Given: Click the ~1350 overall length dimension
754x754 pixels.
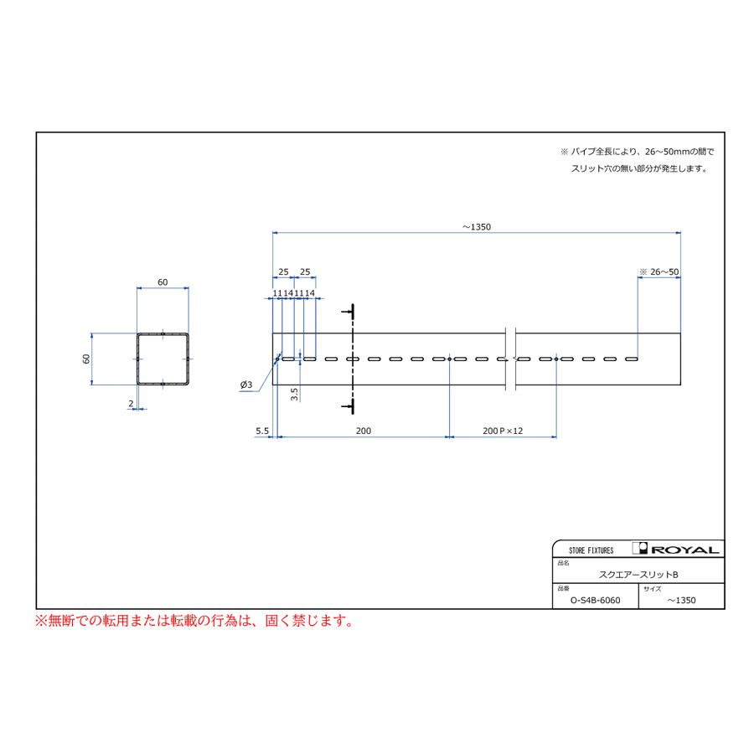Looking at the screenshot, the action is [x=477, y=227].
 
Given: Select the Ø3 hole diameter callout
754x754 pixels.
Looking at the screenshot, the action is [x=246, y=385].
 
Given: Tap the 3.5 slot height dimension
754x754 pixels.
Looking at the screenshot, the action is [x=294, y=395].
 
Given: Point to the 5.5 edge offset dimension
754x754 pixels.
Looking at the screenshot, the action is [x=262, y=431].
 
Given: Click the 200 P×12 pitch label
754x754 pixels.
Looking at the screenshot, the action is [x=503, y=431].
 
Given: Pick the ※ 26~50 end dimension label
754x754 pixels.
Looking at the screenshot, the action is [x=658, y=272].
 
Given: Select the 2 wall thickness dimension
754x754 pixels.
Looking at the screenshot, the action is [x=131, y=404].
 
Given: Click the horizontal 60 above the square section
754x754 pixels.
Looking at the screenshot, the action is [x=163, y=282].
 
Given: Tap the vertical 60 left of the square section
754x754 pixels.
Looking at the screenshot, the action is [x=86, y=359].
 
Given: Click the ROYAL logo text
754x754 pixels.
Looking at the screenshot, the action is [x=684, y=550].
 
